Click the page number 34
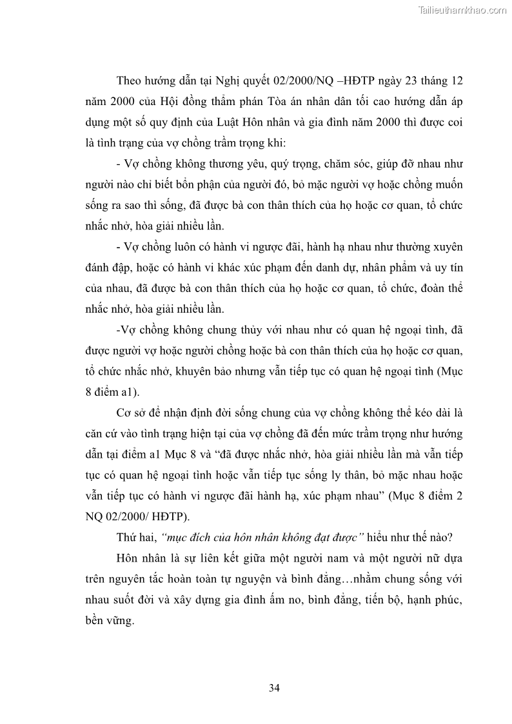click(274, 688)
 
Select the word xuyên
click(448, 247)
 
